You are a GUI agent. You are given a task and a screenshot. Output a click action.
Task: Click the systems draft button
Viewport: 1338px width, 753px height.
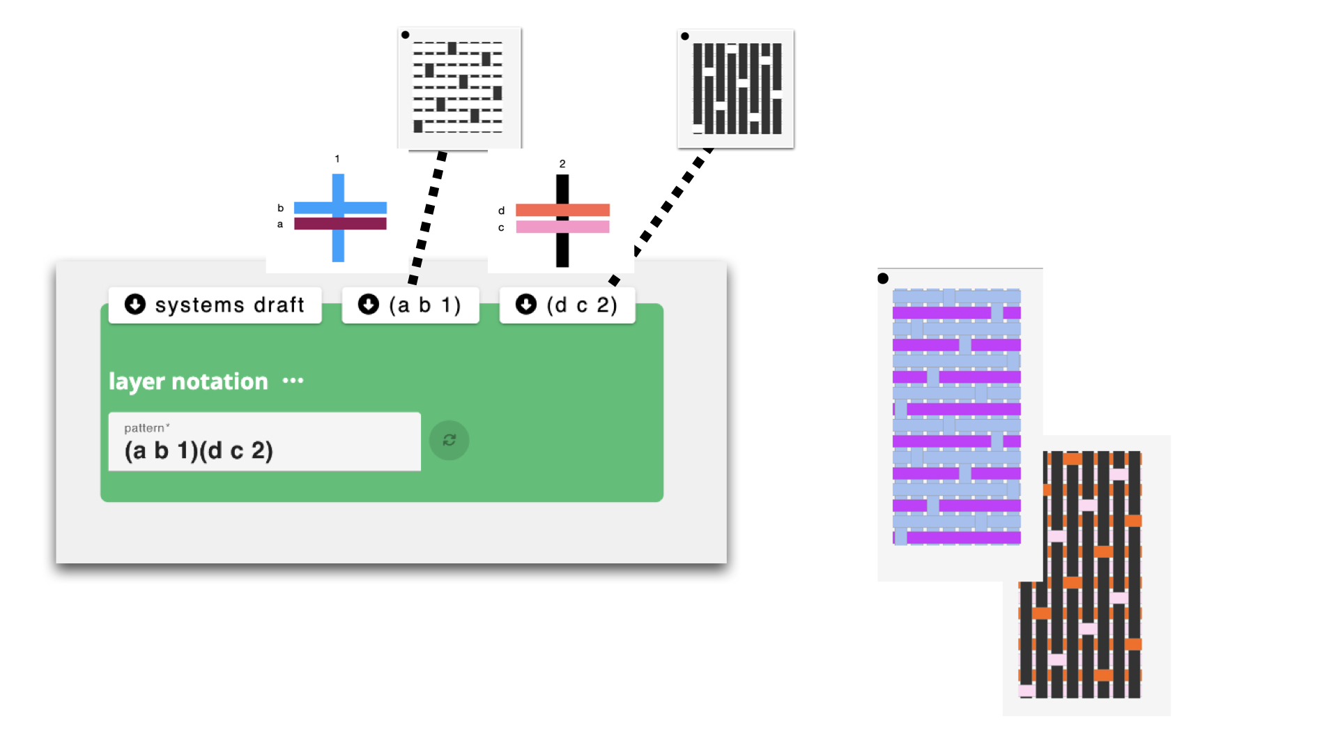coord(215,305)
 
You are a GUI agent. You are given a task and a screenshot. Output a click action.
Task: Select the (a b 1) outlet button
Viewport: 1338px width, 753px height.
coord(410,305)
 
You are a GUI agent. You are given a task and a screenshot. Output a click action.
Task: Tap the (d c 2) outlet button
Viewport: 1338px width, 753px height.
coord(567,305)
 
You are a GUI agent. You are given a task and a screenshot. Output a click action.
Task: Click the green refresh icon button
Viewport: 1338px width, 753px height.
coord(449,440)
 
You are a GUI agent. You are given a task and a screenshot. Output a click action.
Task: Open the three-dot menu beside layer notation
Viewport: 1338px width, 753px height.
coord(293,381)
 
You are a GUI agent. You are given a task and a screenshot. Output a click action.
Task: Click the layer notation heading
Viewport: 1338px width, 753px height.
coord(188,381)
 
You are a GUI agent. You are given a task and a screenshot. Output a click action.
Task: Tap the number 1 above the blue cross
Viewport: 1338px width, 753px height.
coord(337,159)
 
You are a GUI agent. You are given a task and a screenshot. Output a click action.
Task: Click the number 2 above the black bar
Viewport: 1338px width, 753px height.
coord(562,164)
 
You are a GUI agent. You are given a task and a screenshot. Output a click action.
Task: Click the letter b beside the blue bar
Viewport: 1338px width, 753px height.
coord(281,208)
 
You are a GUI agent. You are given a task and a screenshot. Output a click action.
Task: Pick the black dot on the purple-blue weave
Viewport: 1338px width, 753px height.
coord(883,279)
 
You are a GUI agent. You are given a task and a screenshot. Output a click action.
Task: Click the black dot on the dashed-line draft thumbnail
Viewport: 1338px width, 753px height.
coord(406,35)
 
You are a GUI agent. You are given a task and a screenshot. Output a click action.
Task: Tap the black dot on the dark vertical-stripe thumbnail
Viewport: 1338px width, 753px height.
coord(685,36)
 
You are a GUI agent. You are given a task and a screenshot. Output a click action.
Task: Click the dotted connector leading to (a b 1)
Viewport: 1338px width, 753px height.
coord(427,216)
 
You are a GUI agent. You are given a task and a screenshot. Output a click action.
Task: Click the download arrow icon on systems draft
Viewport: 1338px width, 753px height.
coord(135,304)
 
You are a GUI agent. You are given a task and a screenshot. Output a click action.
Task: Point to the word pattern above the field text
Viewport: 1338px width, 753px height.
coord(145,428)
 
